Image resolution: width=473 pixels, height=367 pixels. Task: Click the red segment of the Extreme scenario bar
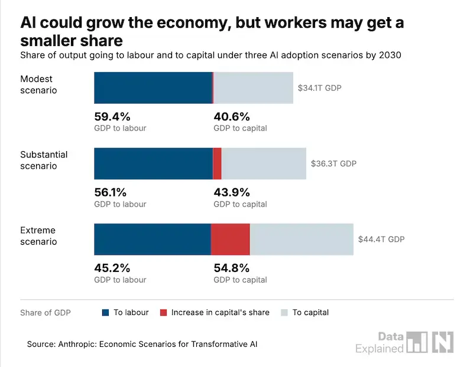(230, 240)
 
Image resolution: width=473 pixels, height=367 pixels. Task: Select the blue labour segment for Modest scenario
(153, 88)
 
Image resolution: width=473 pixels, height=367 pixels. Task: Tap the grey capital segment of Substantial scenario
(264, 164)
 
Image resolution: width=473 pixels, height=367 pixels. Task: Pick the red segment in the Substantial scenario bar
(217, 164)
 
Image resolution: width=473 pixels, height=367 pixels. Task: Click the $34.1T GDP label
(319, 88)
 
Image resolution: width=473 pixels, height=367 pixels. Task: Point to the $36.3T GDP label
(333, 163)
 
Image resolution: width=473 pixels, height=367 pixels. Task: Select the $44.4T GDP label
(381, 240)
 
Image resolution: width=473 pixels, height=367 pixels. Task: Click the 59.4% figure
(112, 116)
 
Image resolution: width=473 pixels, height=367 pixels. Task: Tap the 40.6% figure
(232, 116)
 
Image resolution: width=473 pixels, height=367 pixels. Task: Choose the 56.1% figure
(110, 192)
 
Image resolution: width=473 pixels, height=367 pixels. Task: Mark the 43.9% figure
(232, 192)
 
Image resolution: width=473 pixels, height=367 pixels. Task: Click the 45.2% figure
(112, 268)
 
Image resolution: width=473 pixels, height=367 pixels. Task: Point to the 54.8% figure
(232, 268)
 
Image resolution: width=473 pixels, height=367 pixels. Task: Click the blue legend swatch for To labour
(105, 313)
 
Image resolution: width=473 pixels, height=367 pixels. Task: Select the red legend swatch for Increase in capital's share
(163, 313)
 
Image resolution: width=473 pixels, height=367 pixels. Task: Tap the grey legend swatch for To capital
(284, 313)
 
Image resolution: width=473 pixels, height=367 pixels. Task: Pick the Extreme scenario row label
(38, 236)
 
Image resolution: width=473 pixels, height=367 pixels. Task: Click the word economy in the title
(192, 23)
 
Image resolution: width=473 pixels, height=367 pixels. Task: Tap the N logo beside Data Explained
(443, 342)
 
